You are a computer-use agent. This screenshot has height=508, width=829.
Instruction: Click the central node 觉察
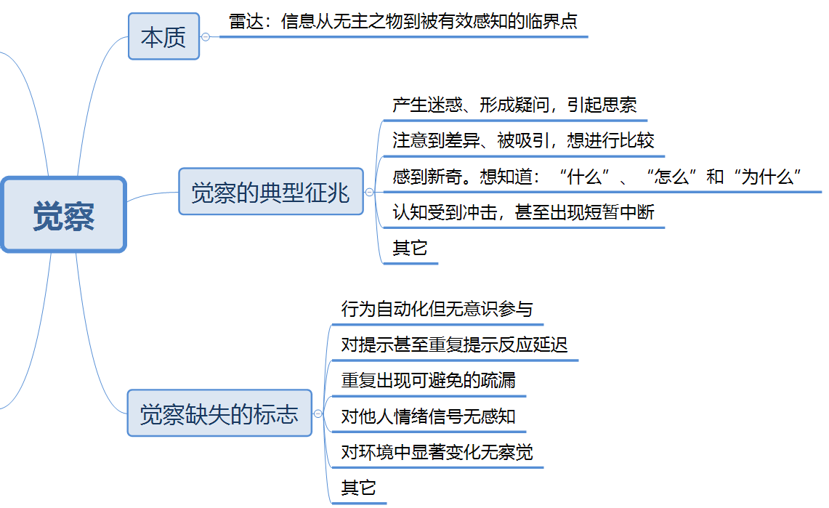pyautogui.click(x=64, y=215)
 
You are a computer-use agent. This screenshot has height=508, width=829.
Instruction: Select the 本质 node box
pyautogui.click(x=163, y=36)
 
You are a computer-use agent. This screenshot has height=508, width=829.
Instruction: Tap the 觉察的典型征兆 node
pyautogui.click(x=270, y=193)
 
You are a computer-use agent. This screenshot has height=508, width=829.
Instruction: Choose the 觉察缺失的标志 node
pyautogui.click(x=219, y=414)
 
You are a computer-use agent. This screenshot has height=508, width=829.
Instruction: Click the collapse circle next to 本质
pyautogui.click(x=206, y=36)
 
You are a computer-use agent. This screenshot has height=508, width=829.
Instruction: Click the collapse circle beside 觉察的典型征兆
pyautogui.click(x=369, y=193)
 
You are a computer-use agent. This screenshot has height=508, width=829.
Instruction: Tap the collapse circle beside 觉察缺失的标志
pyautogui.click(x=317, y=414)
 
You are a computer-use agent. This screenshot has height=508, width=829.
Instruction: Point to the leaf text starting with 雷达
pyautogui.click(x=403, y=22)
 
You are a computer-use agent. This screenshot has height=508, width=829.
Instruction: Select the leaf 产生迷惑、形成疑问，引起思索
pyautogui.click(x=514, y=105)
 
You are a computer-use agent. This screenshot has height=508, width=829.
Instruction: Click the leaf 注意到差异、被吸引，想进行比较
pyautogui.click(x=523, y=140)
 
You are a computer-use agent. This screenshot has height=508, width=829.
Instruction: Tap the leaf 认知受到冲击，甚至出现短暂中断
pyautogui.click(x=523, y=212)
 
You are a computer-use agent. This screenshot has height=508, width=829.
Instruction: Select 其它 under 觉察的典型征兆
pyautogui.click(x=410, y=248)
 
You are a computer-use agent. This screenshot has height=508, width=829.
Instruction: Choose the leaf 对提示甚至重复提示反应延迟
pyautogui.click(x=454, y=344)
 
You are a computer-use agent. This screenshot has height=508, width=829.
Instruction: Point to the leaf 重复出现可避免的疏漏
pyautogui.click(x=428, y=380)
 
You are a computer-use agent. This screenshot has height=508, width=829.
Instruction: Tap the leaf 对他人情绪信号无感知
pyautogui.click(x=428, y=416)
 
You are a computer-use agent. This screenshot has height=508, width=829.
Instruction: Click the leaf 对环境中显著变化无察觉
pyautogui.click(x=437, y=452)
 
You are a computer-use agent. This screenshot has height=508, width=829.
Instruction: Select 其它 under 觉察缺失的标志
pyautogui.click(x=358, y=488)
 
